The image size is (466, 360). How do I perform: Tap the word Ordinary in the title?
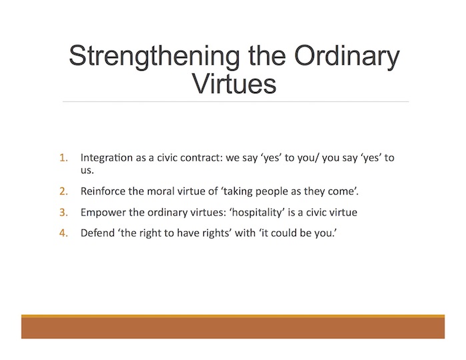coord(347,57)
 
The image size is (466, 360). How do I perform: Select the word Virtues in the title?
coord(235,83)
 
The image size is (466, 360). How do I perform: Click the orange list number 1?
coord(63,157)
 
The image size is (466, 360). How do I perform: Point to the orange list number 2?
coord(63,191)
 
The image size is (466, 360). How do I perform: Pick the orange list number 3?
coord(63,212)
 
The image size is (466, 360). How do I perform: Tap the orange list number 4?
coord(63,233)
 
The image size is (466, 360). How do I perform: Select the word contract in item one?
coord(200,157)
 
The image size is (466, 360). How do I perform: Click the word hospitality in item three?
coord(257,213)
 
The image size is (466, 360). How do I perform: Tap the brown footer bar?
coord(233,327)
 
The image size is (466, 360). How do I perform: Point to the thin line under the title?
coord(236,102)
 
